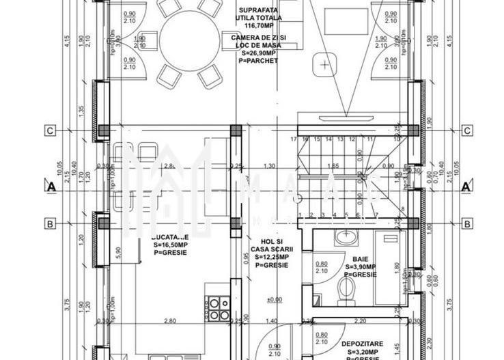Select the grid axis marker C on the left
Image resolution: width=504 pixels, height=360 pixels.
point(50,130)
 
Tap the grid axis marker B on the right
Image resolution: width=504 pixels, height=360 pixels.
point(467,223)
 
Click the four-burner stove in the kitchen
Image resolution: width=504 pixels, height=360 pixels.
point(218,309)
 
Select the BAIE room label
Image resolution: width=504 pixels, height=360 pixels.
point(360,260)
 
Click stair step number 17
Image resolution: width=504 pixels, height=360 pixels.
point(294,139)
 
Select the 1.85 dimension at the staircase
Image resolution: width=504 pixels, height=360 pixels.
point(333,166)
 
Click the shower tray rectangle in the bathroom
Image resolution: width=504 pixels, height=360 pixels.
point(390,266)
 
